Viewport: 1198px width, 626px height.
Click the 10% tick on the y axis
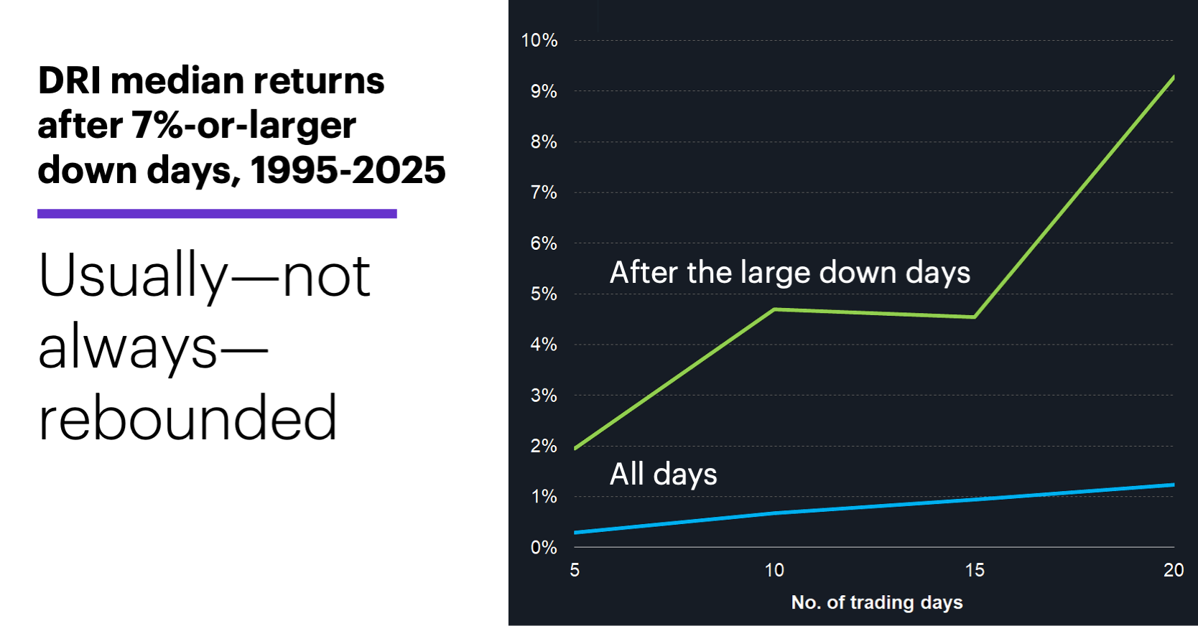coord(539,40)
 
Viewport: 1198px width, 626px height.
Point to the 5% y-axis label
coord(544,294)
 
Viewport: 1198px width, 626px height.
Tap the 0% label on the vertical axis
coord(544,547)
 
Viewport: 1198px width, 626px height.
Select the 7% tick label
coord(544,192)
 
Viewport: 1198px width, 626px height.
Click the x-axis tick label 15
coord(975,570)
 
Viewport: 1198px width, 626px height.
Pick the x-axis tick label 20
coord(1173,570)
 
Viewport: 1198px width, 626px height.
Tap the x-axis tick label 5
coord(575,570)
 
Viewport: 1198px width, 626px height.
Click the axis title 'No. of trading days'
coord(876,602)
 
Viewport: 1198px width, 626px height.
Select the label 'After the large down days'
coord(789,273)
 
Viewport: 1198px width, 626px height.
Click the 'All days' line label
coord(663,475)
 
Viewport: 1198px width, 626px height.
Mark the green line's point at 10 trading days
coord(774,309)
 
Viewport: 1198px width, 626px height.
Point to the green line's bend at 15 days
coord(974,317)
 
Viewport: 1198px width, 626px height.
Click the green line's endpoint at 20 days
coord(1173,77)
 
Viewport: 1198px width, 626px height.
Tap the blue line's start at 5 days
coord(576,533)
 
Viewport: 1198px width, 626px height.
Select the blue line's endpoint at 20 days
coord(1173,485)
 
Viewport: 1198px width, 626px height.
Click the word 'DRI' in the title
coord(70,80)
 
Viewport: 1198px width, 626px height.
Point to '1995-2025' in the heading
coord(348,170)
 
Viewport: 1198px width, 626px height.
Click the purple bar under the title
coord(217,213)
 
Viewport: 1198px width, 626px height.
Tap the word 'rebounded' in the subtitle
coord(187,418)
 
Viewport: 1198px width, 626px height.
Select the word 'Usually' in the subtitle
coord(133,276)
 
